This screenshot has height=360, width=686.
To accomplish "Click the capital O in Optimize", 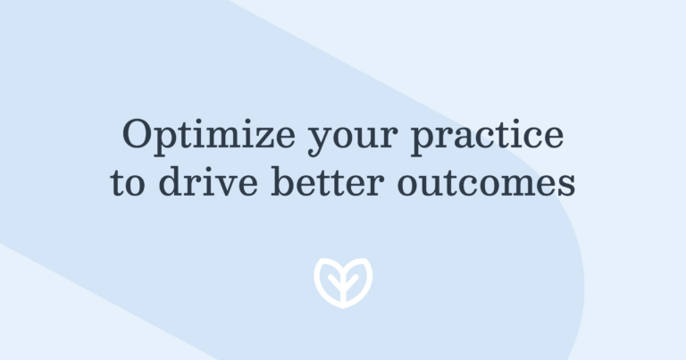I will tap(138, 134).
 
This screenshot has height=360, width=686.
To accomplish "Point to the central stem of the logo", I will tap(343, 291).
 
